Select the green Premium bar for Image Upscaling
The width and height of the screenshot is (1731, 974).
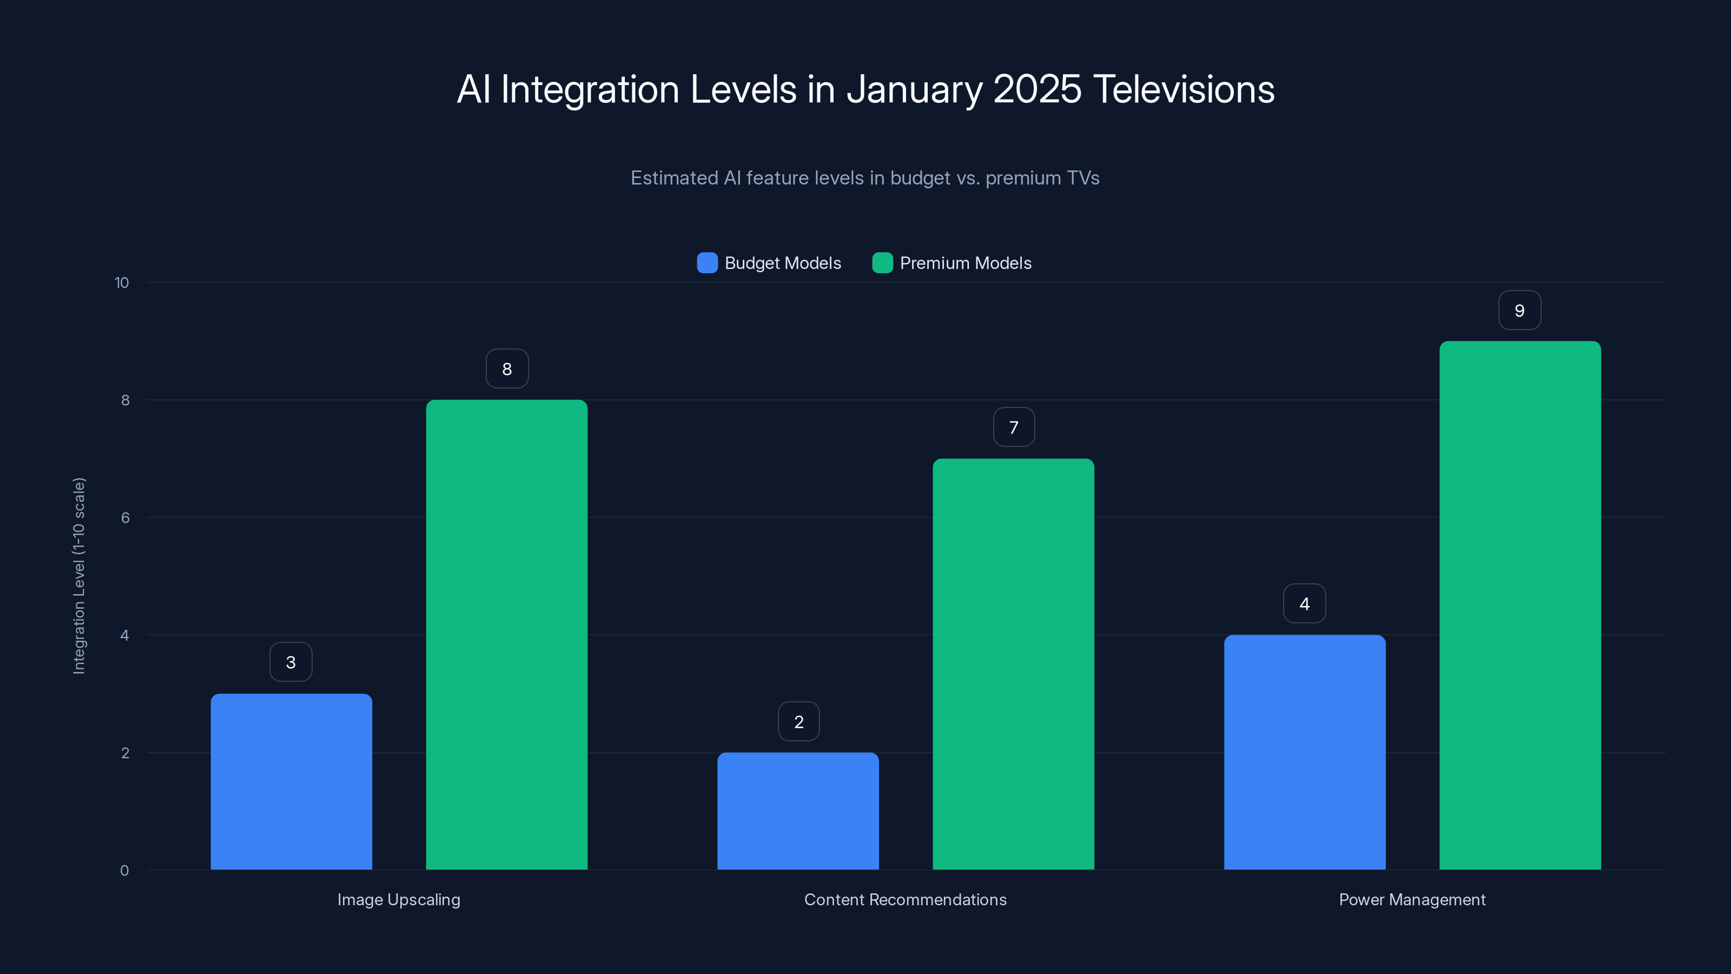tap(507, 635)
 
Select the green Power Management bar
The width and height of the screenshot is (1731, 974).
tap(1520, 605)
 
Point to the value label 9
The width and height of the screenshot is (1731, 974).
tap(1519, 311)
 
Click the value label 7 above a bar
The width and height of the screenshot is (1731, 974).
tap(1013, 427)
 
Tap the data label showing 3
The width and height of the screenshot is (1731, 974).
tap(290, 662)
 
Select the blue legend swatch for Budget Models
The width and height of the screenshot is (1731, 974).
tap(707, 263)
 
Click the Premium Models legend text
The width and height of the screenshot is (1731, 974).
tap(965, 263)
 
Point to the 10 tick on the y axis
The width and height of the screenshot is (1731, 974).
tap(122, 282)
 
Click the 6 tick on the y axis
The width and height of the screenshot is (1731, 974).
tap(125, 518)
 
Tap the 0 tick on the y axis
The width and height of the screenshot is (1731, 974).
tap(124, 871)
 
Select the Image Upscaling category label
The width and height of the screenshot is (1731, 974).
tap(399, 899)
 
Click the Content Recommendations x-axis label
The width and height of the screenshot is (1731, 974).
tap(905, 899)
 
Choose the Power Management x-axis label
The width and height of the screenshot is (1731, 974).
tap(1412, 899)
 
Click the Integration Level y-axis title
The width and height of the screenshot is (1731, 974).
tap(78, 575)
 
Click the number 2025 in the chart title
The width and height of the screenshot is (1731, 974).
tap(1037, 89)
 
